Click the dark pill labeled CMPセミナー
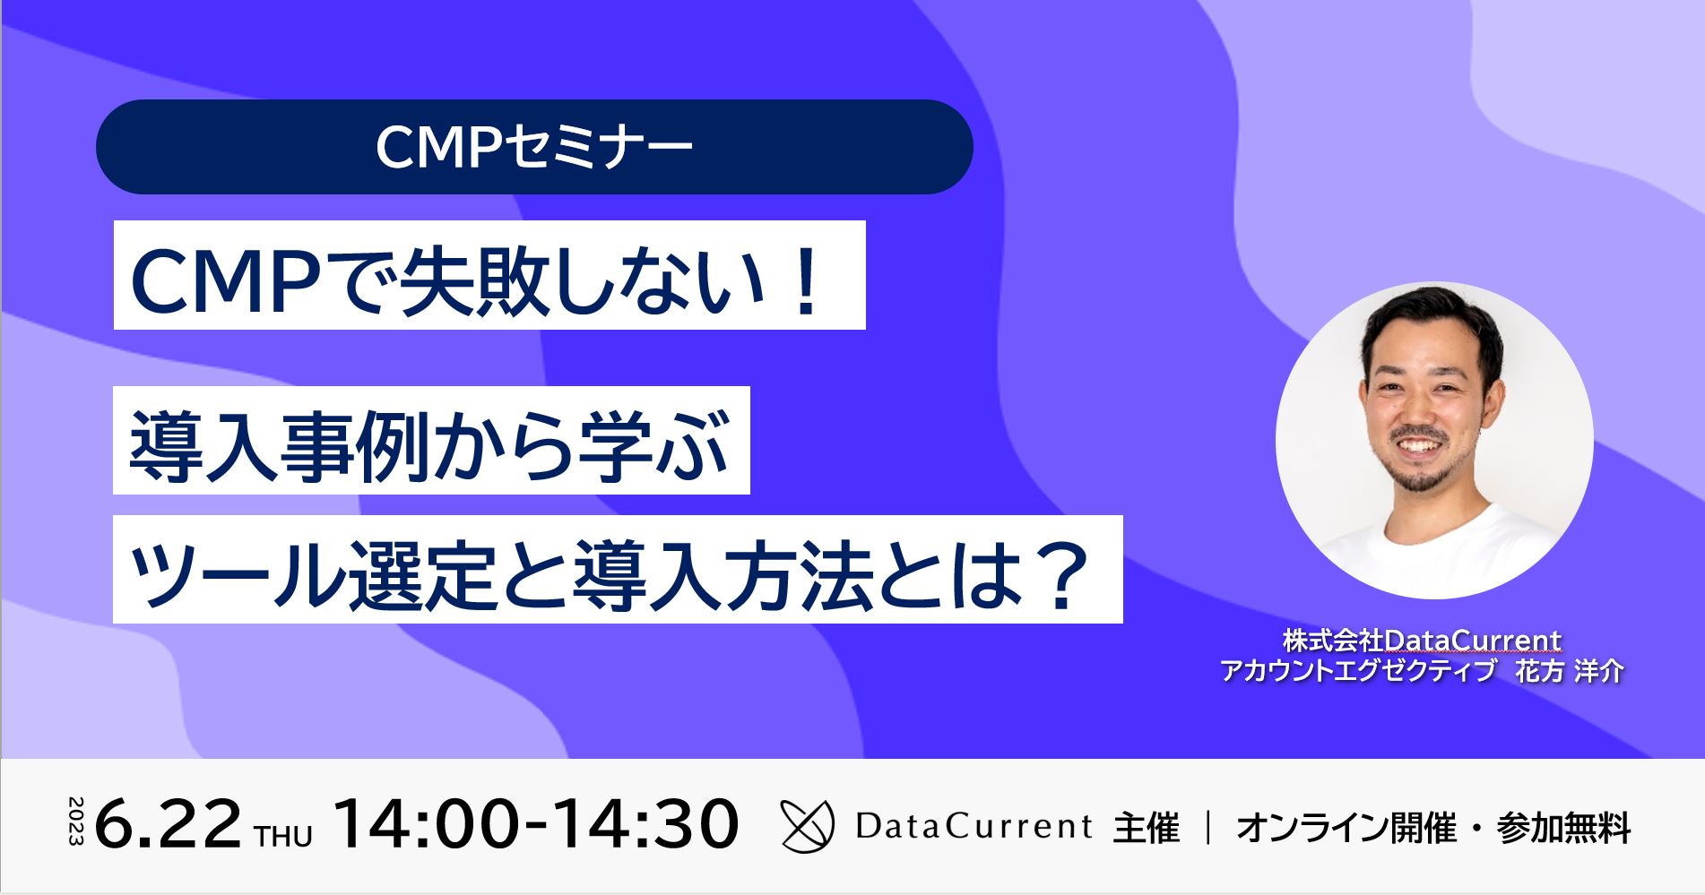click(534, 147)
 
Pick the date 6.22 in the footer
click(168, 824)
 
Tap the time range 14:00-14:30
click(536, 824)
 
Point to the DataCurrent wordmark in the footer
click(974, 826)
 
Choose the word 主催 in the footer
click(1146, 827)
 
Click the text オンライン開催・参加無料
click(1432, 827)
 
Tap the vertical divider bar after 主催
click(1207, 827)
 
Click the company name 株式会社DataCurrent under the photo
click(1422, 641)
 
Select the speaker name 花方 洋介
click(1569, 671)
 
